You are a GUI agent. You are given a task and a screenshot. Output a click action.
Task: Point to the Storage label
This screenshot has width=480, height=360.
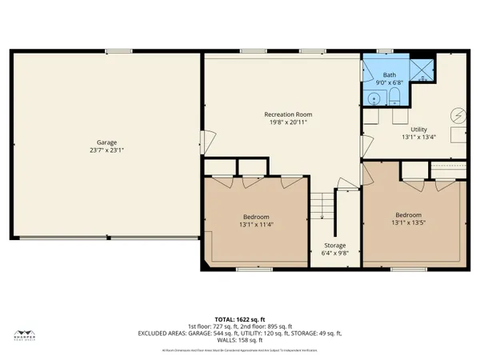tap(334, 245)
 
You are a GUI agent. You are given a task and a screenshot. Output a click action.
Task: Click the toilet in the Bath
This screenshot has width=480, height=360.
tap(394, 98)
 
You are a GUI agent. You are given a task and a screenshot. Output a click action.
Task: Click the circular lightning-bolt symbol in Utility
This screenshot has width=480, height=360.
tap(458, 114)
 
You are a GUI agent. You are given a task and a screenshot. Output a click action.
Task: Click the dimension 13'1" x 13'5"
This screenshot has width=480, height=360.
tap(408, 223)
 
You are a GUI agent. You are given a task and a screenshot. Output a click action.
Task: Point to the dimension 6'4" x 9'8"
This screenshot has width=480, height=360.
tap(334, 254)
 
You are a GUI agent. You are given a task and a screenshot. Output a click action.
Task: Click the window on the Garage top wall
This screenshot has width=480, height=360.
tap(119, 52)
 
